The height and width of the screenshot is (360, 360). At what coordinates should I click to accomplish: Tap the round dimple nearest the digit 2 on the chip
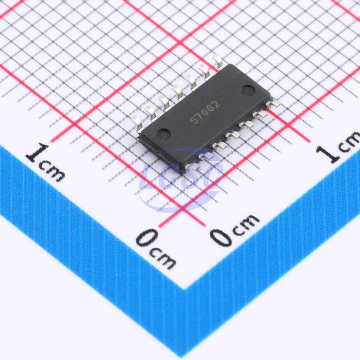click(x=248, y=90)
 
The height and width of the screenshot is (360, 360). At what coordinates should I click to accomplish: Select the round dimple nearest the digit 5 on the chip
click(x=164, y=133)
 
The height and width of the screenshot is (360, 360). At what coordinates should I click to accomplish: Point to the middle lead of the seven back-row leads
click(x=178, y=92)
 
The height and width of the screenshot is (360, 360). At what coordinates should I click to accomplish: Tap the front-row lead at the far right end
click(x=273, y=103)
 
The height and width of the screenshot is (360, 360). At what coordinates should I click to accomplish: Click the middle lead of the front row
click(x=233, y=135)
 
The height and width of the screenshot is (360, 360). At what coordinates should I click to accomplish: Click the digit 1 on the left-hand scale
click(x=36, y=153)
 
